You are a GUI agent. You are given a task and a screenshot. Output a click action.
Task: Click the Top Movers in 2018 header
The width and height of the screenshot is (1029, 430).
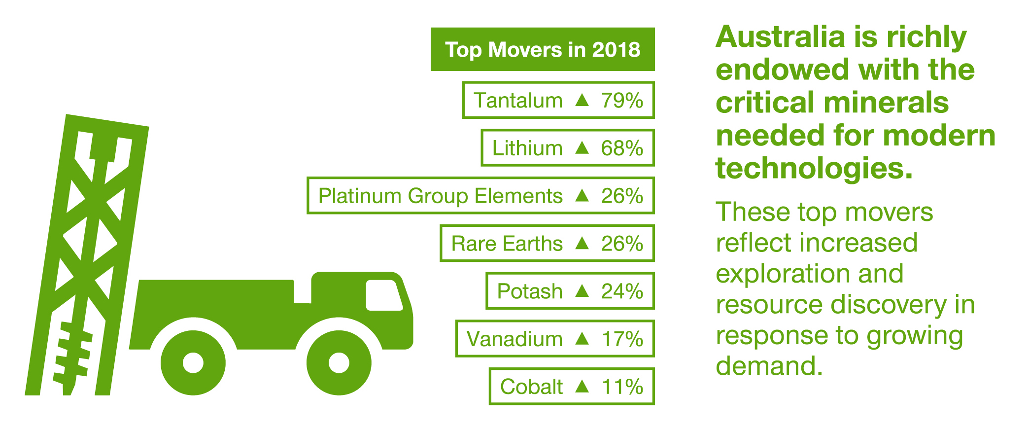(543, 50)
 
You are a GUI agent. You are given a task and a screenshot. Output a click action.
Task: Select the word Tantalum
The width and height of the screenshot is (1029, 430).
(518, 101)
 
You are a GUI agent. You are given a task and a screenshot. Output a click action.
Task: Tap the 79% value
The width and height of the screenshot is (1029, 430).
(622, 101)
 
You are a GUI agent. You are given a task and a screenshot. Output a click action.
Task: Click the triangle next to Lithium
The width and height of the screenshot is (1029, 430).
(582, 147)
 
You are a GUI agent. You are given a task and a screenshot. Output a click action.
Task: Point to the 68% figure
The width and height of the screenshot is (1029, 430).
(622, 148)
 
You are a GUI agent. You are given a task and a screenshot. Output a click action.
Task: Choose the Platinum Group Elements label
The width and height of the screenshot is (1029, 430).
(440, 196)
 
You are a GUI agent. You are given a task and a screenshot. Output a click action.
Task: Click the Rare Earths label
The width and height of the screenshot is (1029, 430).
(507, 244)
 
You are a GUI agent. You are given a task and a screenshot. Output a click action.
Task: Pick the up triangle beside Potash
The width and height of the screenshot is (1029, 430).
(582, 291)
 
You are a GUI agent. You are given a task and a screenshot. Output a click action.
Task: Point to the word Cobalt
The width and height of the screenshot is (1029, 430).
(531, 387)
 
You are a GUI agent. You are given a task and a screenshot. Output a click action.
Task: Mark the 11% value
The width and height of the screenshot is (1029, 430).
(622, 387)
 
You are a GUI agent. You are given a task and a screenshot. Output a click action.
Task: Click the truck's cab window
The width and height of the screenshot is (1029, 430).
(383, 295)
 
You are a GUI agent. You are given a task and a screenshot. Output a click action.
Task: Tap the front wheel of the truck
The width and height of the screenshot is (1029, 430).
(339, 363)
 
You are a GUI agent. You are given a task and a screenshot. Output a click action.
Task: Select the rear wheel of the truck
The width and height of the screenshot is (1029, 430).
(193, 363)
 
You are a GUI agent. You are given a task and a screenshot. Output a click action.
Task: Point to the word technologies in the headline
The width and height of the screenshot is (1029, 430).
(814, 169)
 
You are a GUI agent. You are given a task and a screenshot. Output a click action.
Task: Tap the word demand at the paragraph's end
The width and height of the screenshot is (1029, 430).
(769, 366)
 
